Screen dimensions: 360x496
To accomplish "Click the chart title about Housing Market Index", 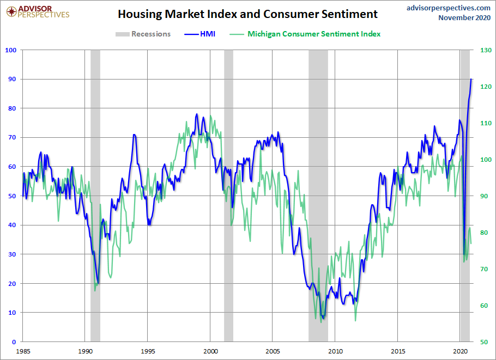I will [x=247, y=14].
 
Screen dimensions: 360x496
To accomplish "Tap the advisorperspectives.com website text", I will [x=449, y=8].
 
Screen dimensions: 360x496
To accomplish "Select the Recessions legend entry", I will [x=143, y=34].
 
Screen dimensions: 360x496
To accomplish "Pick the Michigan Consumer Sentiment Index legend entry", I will [x=306, y=34].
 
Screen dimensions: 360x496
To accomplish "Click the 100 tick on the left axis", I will [x=11, y=50].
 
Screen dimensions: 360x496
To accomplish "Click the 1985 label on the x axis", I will [x=23, y=351].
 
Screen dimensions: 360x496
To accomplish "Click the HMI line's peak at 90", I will [x=471, y=79].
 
